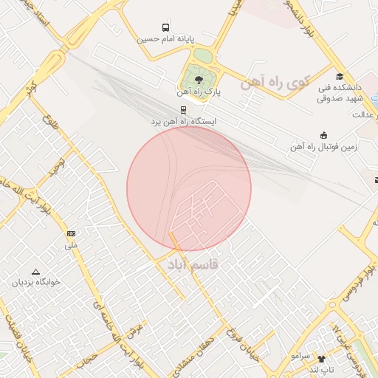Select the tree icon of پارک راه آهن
198,79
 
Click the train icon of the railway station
183,108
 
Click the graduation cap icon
340,77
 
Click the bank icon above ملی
71,233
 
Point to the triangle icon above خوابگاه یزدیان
35,271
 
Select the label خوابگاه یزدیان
35,283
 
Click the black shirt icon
320,358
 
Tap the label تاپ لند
322,368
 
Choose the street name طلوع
49,119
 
